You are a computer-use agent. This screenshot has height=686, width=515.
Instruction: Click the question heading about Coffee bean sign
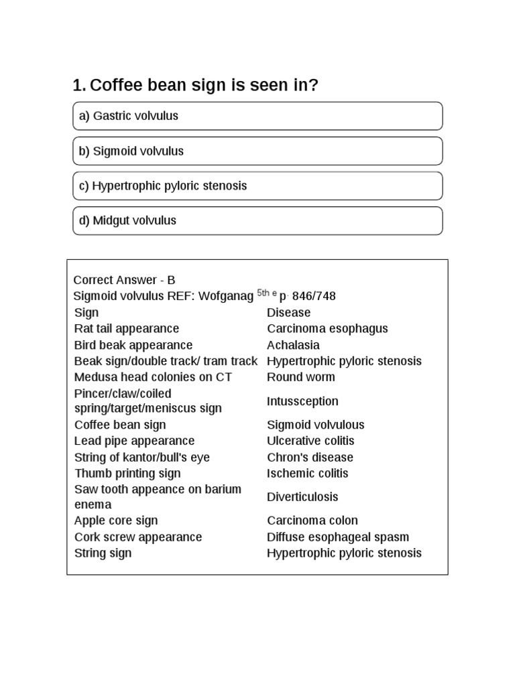click(x=195, y=85)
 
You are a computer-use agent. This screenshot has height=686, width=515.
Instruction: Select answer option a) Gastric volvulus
click(x=257, y=116)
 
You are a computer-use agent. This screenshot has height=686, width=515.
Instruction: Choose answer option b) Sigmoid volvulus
click(x=257, y=151)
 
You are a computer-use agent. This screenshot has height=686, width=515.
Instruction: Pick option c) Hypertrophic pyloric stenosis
click(x=257, y=186)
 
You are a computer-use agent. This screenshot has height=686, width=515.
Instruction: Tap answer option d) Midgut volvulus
click(x=257, y=220)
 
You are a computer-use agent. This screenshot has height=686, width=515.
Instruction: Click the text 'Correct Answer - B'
click(x=124, y=280)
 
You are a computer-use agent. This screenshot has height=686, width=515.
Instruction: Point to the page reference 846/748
click(x=314, y=296)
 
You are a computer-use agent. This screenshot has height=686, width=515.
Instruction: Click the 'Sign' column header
click(x=87, y=313)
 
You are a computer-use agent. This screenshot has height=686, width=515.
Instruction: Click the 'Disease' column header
click(x=288, y=313)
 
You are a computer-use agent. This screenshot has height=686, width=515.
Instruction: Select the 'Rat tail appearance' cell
click(x=127, y=329)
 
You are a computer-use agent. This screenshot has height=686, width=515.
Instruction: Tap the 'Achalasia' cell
click(x=293, y=345)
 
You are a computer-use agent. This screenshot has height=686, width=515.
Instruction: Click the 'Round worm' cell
click(x=300, y=377)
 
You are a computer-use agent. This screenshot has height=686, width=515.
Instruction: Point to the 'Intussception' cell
click(x=302, y=401)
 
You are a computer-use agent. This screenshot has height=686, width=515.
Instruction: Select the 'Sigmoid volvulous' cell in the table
click(x=315, y=425)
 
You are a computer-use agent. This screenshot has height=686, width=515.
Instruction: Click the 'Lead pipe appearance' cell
click(x=134, y=441)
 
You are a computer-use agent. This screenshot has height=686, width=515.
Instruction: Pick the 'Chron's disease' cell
click(x=310, y=458)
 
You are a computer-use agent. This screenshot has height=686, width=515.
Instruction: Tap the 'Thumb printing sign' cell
click(x=127, y=474)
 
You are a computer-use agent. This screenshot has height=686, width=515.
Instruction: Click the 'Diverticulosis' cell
click(x=302, y=497)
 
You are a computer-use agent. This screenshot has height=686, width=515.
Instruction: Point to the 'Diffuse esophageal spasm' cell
click(x=337, y=537)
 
